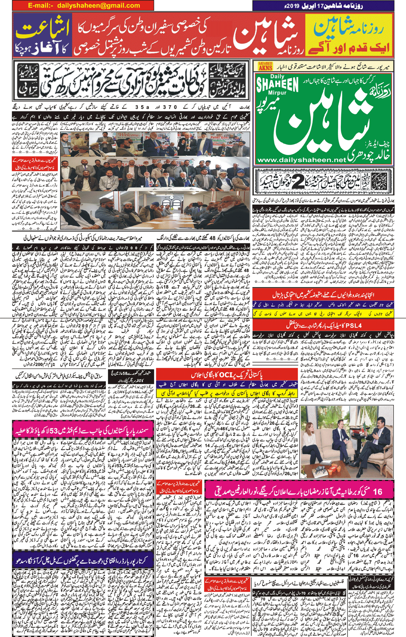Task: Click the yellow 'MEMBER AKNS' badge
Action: (x=265, y=66)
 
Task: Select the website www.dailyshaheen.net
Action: (x=301, y=160)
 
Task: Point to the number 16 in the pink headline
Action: (x=377, y=491)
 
